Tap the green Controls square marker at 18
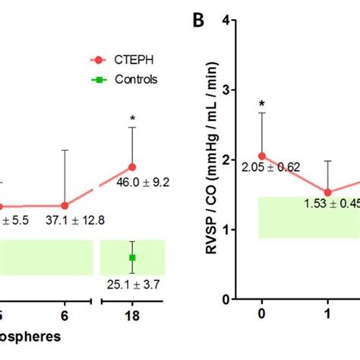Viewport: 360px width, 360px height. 132,258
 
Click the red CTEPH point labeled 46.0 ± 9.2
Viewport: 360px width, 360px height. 132,166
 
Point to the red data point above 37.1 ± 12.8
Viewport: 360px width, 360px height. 65,205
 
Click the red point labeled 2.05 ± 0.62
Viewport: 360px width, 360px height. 262,156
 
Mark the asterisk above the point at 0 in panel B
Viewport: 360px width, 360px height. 261,104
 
